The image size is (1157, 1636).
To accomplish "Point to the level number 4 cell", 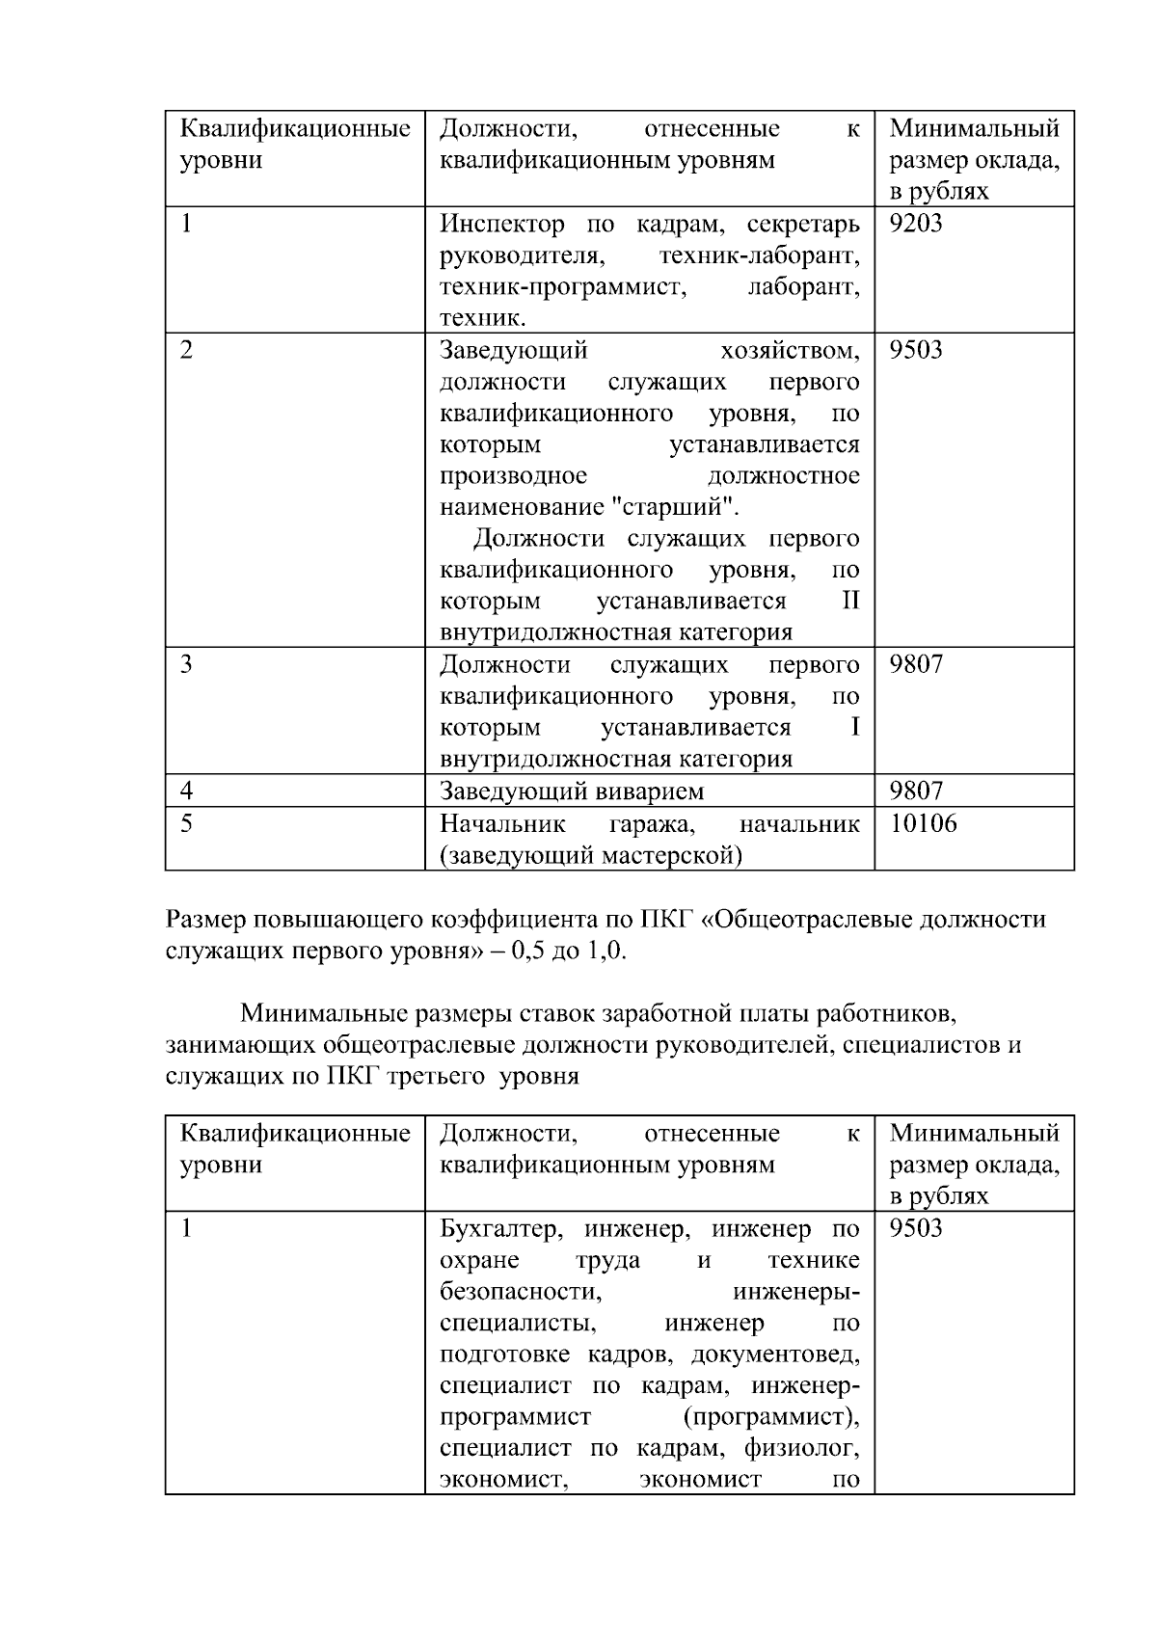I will pyautogui.click(x=186, y=791).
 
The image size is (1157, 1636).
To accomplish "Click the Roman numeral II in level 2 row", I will pyautogui.click(x=849, y=602).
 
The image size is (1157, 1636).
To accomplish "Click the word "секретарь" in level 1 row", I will pyautogui.click(x=802, y=225).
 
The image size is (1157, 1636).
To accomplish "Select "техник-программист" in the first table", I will pyautogui.click(x=562, y=287).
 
